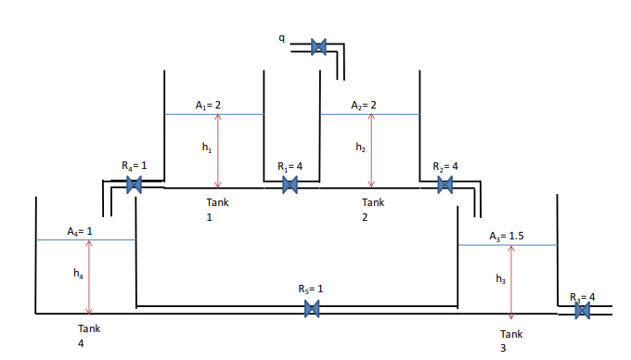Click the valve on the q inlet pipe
[318, 45]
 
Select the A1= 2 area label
[208, 105]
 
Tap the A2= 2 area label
[363, 105]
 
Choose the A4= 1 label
[82, 230]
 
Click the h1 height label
[206, 148]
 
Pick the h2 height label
[360, 148]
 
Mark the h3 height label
[501, 278]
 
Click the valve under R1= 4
[290, 186]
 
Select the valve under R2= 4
[445, 186]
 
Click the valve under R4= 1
[135, 186]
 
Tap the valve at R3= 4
[583, 312]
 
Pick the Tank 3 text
[511, 340]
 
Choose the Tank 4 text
[89, 335]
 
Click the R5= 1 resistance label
[311, 289]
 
